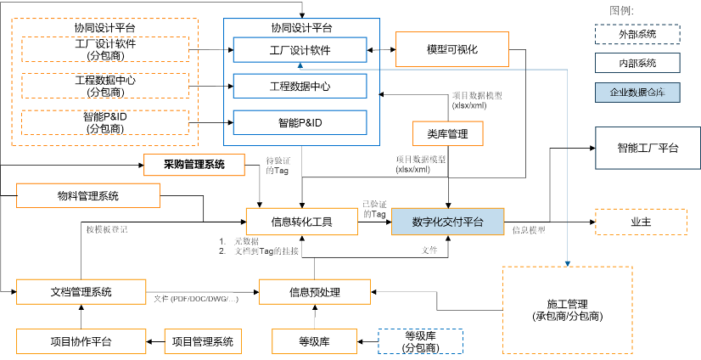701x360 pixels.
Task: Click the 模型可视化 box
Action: [452, 50]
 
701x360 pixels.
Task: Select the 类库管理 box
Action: [447, 134]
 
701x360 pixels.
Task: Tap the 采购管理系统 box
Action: [193, 165]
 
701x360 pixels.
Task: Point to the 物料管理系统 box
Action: [88, 196]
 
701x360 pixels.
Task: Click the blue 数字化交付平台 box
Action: [447, 222]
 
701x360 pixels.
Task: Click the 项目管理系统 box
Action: [203, 341]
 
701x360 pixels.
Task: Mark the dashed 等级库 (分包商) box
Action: [420, 341]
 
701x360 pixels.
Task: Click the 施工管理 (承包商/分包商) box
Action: [567, 310]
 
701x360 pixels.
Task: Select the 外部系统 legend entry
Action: [637, 34]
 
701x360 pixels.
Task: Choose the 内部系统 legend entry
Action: [637, 63]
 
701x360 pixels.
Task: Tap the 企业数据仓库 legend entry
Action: [637, 92]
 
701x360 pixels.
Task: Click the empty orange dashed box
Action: [641, 222]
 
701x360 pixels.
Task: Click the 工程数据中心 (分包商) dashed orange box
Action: [105, 86]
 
